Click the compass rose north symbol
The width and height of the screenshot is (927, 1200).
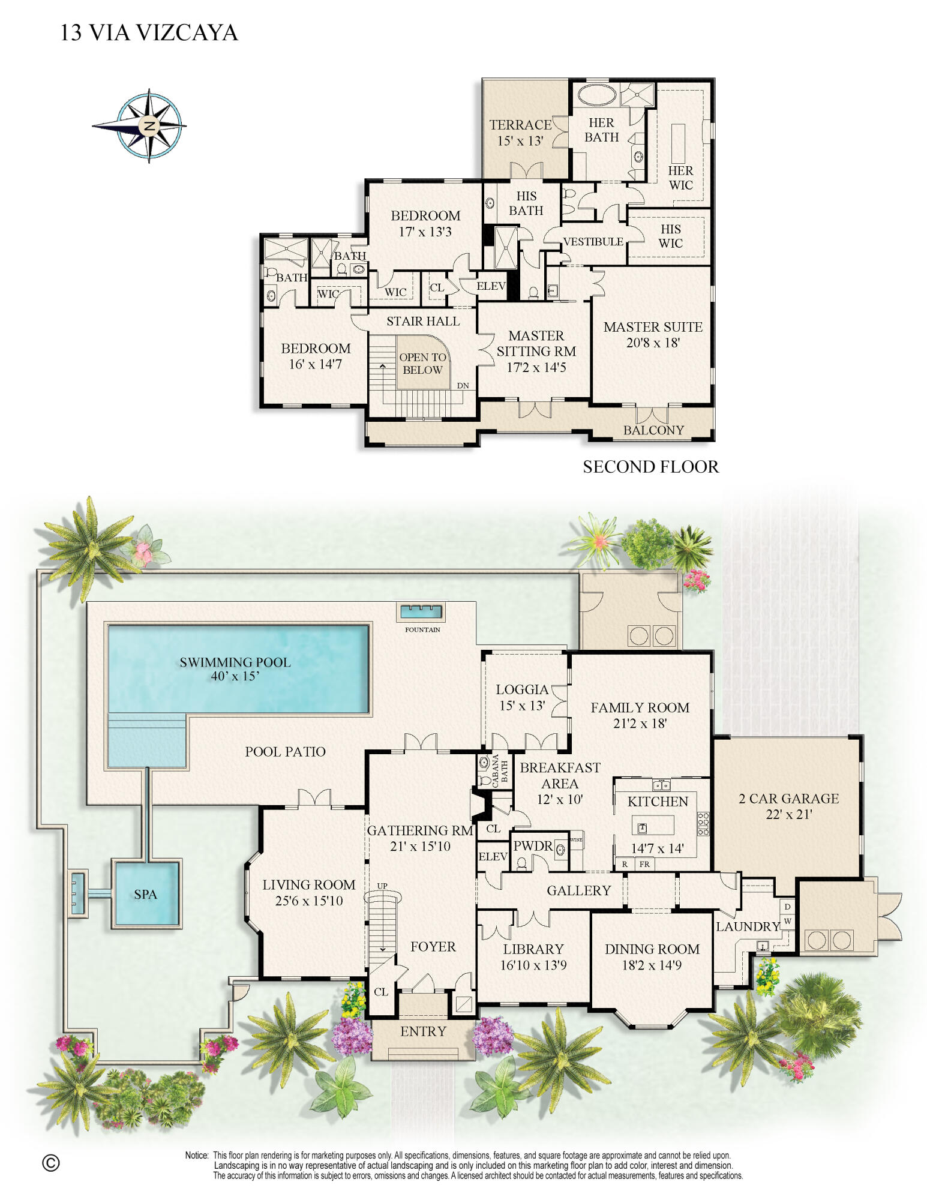pyautogui.click(x=149, y=126)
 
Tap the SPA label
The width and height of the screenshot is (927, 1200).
pyautogui.click(x=145, y=895)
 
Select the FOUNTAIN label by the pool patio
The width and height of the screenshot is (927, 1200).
pyautogui.click(x=422, y=629)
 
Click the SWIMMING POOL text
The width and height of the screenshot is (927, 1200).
pyautogui.click(x=235, y=662)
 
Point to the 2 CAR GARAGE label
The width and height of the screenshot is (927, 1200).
pyautogui.click(x=788, y=799)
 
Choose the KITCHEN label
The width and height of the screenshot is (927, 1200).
pyautogui.click(x=658, y=802)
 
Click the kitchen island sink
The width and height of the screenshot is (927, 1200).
pyautogui.click(x=642, y=828)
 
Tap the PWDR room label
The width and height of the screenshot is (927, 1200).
pyautogui.click(x=533, y=846)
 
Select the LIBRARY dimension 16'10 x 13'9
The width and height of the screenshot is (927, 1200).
pyautogui.click(x=533, y=965)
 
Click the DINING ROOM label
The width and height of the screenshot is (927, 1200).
pyautogui.click(x=652, y=949)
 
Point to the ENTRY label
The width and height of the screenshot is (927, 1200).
pyautogui.click(x=423, y=1031)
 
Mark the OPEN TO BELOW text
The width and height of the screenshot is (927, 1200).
pyautogui.click(x=423, y=364)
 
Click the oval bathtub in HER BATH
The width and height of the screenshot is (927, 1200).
pyautogui.click(x=598, y=95)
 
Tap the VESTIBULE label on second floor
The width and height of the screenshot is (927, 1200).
pyautogui.click(x=593, y=242)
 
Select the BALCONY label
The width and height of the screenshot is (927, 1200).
pyautogui.click(x=653, y=430)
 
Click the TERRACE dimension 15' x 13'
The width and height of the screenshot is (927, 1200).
pyautogui.click(x=520, y=141)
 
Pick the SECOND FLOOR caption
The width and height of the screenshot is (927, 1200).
pyautogui.click(x=650, y=467)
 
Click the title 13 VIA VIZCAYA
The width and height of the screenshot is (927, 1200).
pyautogui.click(x=149, y=32)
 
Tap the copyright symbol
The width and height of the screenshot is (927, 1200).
pyautogui.click(x=51, y=1163)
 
